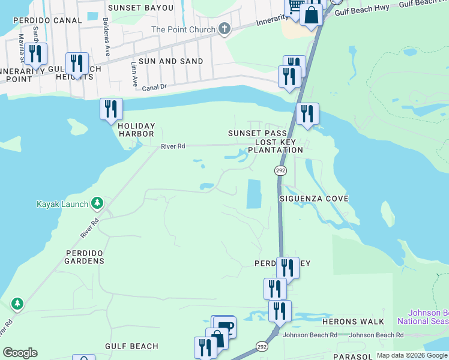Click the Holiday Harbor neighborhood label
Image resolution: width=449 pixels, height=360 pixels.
click(136, 130)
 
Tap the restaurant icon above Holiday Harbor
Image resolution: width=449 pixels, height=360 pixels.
click(111, 109)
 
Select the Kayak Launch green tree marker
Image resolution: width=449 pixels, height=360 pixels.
click(97, 205)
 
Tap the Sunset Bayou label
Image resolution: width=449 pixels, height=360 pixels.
click(140, 8)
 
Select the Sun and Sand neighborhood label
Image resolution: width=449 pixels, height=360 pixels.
click(170, 61)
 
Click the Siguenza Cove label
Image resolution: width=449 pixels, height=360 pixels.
click(314, 198)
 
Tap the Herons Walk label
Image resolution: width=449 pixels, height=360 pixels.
click(353, 322)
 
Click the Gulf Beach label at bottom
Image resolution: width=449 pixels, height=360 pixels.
click(131, 346)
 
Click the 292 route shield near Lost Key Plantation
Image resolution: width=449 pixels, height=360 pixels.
click(280, 171)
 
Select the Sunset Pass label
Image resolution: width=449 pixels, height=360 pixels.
click(253, 133)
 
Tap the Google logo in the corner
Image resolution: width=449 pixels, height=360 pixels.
click(20, 353)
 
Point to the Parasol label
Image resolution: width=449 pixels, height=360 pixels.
click(354, 356)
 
